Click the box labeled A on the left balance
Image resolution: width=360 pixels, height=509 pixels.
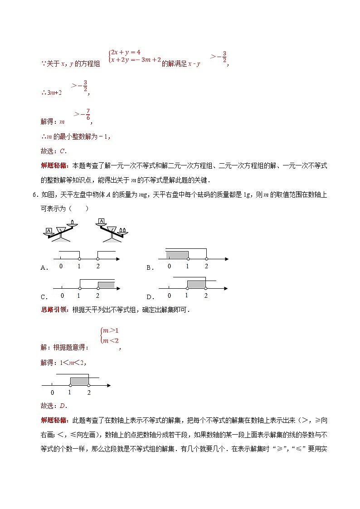(49, 230)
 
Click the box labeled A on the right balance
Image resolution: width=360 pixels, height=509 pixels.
(102, 221)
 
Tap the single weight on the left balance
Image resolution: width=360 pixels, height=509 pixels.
(72, 222)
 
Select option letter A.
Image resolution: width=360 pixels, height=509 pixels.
(44, 268)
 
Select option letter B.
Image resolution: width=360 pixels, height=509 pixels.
(150, 268)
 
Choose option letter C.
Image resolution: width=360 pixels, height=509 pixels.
(44, 297)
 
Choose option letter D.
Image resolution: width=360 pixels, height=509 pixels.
(150, 297)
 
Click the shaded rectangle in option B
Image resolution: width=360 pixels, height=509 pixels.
(177, 255)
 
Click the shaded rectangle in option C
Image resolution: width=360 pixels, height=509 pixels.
(107, 285)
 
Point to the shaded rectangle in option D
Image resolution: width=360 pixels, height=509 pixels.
(196, 284)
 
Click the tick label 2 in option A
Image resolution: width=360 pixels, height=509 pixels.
(98, 266)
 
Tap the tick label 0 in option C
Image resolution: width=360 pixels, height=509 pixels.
(61, 296)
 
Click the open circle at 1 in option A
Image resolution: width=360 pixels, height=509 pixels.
(79, 259)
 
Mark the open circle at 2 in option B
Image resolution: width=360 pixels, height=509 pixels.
(206, 259)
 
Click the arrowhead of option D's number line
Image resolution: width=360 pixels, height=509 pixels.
(225, 288)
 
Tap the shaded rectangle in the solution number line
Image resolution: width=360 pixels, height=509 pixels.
(79, 381)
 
